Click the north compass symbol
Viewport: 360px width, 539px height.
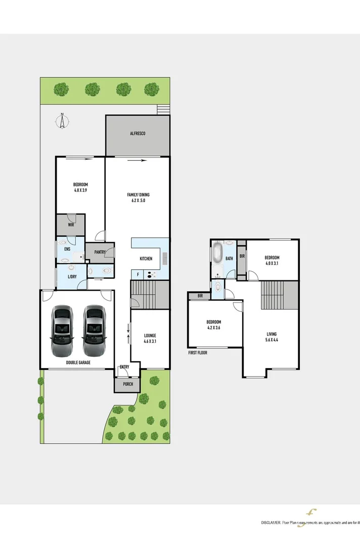(62, 121)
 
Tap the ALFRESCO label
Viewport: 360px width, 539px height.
(138, 133)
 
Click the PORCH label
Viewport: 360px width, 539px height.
(128, 384)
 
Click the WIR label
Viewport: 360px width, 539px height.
(71, 225)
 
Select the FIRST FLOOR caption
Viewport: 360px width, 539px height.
(198, 353)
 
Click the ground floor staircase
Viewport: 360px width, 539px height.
(150, 295)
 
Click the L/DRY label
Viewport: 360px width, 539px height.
(71, 277)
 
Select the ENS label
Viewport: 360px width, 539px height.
(67, 249)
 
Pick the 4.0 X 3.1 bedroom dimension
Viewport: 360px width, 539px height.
(272, 263)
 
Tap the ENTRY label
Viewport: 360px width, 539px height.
(124, 367)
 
